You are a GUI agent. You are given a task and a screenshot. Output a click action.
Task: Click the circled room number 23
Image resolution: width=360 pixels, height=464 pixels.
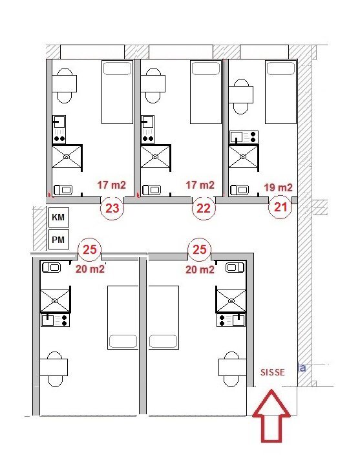(x=112, y=208)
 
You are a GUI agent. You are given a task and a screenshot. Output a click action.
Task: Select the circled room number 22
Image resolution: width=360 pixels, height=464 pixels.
(x=204, y=208)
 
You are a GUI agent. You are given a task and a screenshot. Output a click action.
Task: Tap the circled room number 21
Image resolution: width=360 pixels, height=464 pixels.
(x=280, y=207)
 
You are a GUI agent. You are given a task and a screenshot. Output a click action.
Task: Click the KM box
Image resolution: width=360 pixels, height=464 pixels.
(x=58, y=217)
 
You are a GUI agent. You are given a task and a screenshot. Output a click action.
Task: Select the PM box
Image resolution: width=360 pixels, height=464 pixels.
(x=58, y=239)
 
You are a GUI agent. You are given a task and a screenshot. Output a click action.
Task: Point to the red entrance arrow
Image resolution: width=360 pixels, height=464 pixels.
(x=271, y=416)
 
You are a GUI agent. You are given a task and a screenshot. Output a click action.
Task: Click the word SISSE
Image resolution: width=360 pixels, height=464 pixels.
(x=273, y=372)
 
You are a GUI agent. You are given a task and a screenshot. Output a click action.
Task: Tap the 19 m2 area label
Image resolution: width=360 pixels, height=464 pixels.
(x=278, y=187)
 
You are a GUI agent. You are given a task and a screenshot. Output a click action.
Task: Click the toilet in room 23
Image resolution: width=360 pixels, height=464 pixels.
(x=63, y=190)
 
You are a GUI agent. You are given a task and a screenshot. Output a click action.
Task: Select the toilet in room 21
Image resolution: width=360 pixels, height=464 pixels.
(x=240, y=190)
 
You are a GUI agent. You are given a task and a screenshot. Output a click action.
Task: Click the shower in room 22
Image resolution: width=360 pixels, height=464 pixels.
(x=155, y=157)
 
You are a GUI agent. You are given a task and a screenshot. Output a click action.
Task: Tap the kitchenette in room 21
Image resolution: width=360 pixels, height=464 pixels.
(x=244, y=137)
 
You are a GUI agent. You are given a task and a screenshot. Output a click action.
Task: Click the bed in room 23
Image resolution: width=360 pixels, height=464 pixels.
(x=117, y=92)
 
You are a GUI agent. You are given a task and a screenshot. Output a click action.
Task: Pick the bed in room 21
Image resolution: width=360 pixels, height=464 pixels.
(x=281, y=92)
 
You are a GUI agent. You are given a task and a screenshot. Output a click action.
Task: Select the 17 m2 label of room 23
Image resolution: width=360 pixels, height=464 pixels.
(x=112, y=185)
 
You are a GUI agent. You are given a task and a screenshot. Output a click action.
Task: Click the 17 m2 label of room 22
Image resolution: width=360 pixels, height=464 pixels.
(x=200, y=185)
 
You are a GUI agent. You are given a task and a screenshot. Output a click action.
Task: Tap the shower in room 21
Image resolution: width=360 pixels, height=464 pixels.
(x=244, y=157)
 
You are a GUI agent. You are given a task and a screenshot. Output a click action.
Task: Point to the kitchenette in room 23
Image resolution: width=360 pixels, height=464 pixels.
(x=59, y=129)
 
